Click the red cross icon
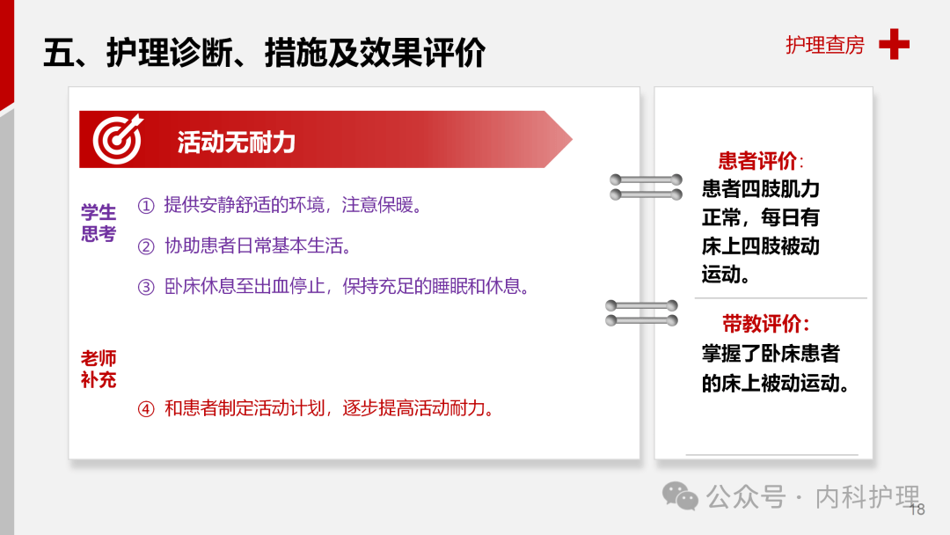point(894,44)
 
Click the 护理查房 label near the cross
point(824,45)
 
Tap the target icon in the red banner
point(117,140)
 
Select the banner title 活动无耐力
point(236,142)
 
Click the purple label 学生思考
point(99,224)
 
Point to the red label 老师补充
point(99,370)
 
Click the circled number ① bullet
point(146,206)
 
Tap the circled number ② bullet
point(146,246)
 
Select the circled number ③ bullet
point(146,287)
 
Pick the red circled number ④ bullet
point(146,408)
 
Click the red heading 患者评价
point(757,161)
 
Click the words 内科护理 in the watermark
point(867,497)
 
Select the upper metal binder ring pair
point(647,187)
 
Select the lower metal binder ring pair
point(642,313)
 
